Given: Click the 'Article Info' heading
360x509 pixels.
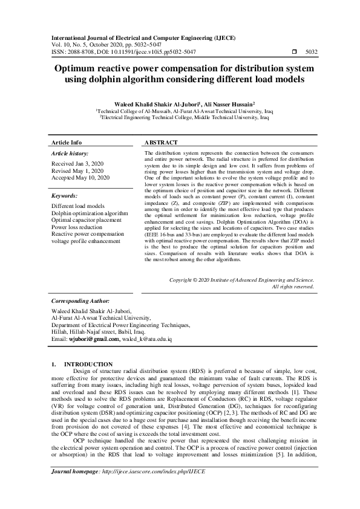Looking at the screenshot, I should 67,143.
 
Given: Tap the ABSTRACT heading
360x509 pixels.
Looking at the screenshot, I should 162,143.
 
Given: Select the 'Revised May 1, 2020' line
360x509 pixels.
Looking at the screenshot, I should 77,171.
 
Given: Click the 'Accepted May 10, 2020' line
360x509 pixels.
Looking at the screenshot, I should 80,178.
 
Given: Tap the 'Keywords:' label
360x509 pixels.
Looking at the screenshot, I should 64,196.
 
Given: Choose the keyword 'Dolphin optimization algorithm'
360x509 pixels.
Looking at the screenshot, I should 90,213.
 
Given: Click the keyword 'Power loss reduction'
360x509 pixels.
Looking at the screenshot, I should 78,227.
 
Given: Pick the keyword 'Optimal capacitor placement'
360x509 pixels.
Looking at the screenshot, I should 87,220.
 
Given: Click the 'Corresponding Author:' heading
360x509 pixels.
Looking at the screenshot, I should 80,300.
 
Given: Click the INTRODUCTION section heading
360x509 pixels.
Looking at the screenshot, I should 88,364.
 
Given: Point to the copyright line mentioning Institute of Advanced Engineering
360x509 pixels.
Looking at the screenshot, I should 241,280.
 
